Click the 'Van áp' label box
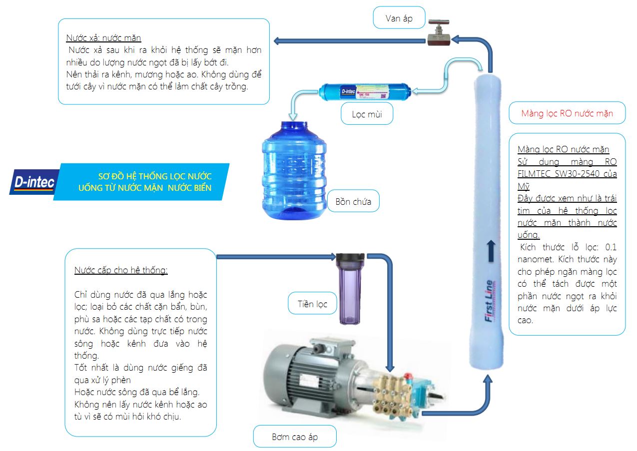(x=399, y=19)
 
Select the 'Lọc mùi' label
(x=367, y=114)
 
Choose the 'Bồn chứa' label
(x=353, y=202)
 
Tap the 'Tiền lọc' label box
(x=312, y=304)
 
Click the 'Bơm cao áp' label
(x=295, y=437)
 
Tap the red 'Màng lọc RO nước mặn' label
(x=567, y=113)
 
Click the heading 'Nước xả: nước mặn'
(x=103, y=38)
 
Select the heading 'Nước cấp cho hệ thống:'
(x=121, y=270)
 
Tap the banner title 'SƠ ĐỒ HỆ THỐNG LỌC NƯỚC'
(x=154, y=176)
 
